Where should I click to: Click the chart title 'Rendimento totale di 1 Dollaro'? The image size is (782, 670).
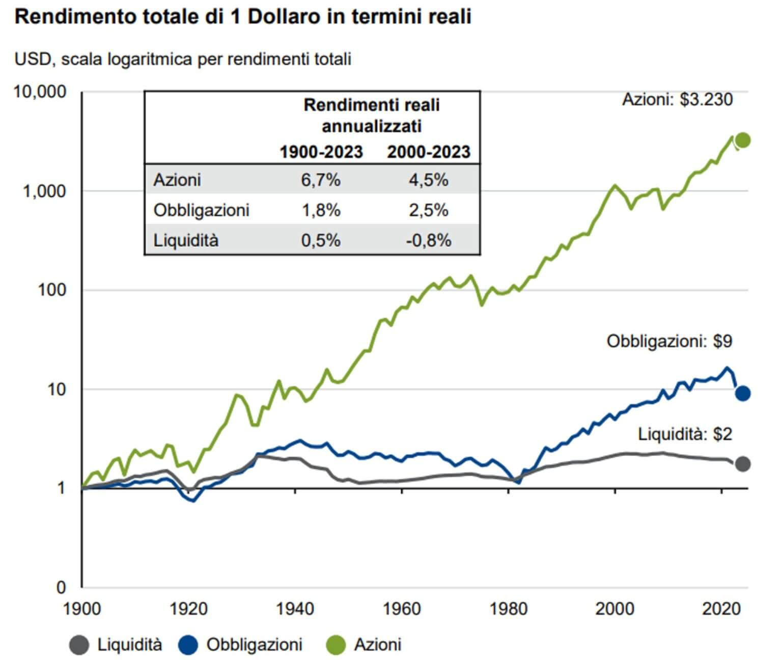point(243,17)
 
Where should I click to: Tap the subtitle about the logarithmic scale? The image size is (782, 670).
point(183,59)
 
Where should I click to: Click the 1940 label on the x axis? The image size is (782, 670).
point(295,609)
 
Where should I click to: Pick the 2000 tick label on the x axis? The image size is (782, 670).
point(615,609)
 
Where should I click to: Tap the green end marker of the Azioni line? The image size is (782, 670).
point(743,141)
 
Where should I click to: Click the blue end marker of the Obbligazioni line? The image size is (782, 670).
point(743,393)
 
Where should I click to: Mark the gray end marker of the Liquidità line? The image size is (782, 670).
point(743,464)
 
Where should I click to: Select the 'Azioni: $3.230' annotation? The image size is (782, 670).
point(677,99)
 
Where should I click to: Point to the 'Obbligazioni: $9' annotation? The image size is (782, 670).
point(669,341)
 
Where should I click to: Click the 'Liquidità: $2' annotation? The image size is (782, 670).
point(685,434)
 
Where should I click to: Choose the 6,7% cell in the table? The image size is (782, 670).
point(321,180)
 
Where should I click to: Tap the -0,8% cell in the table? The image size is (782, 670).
point(429,240)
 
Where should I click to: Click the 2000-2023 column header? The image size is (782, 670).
point(429,152)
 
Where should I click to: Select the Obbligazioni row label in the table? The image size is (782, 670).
point(202,210)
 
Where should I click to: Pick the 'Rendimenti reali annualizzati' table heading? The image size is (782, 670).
point(372,116)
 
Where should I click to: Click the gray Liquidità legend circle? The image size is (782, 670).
point(79,645)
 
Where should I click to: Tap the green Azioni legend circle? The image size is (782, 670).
point(336,645)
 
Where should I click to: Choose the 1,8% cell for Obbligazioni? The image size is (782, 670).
point(321,210)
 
